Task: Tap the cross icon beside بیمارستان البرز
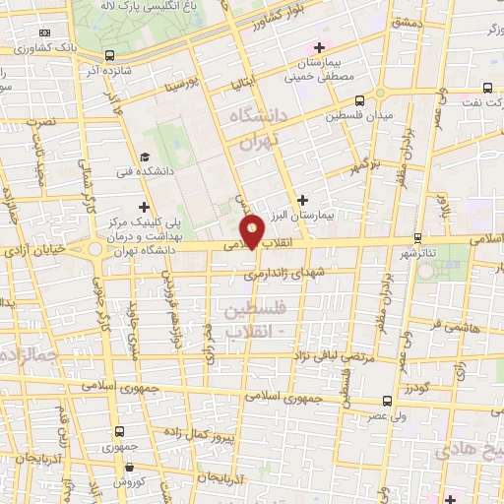point(302,200)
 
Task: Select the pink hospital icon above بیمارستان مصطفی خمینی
point(317,47)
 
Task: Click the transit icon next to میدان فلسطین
point(359,99)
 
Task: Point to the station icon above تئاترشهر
point(418,237)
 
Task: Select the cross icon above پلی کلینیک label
point(146,207)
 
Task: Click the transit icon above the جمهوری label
point(120,431)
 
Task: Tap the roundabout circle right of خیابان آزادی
point(96,249)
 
